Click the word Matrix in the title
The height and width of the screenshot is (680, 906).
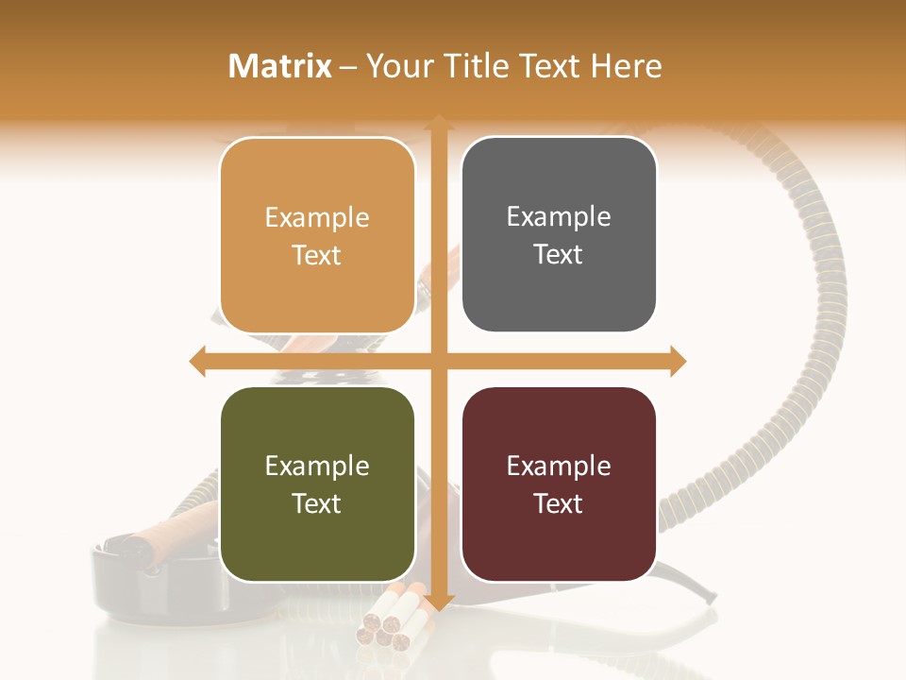tap(280, 66)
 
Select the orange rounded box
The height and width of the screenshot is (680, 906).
tap(317, 235)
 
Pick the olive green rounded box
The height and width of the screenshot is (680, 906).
tap(317, 484)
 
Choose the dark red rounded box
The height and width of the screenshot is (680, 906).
tap(559, 484)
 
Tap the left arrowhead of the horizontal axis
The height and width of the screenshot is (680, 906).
tap(197, 361)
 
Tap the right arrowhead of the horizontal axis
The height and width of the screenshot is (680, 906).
tap(679, 361)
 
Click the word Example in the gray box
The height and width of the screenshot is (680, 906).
tap(559, 216)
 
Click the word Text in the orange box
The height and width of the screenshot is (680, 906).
tap(317, 255)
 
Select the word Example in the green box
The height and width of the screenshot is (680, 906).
tap(317, 466)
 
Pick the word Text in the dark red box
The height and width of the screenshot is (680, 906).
tap(559, 503)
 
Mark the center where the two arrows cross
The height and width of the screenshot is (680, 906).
tap(439, 361)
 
